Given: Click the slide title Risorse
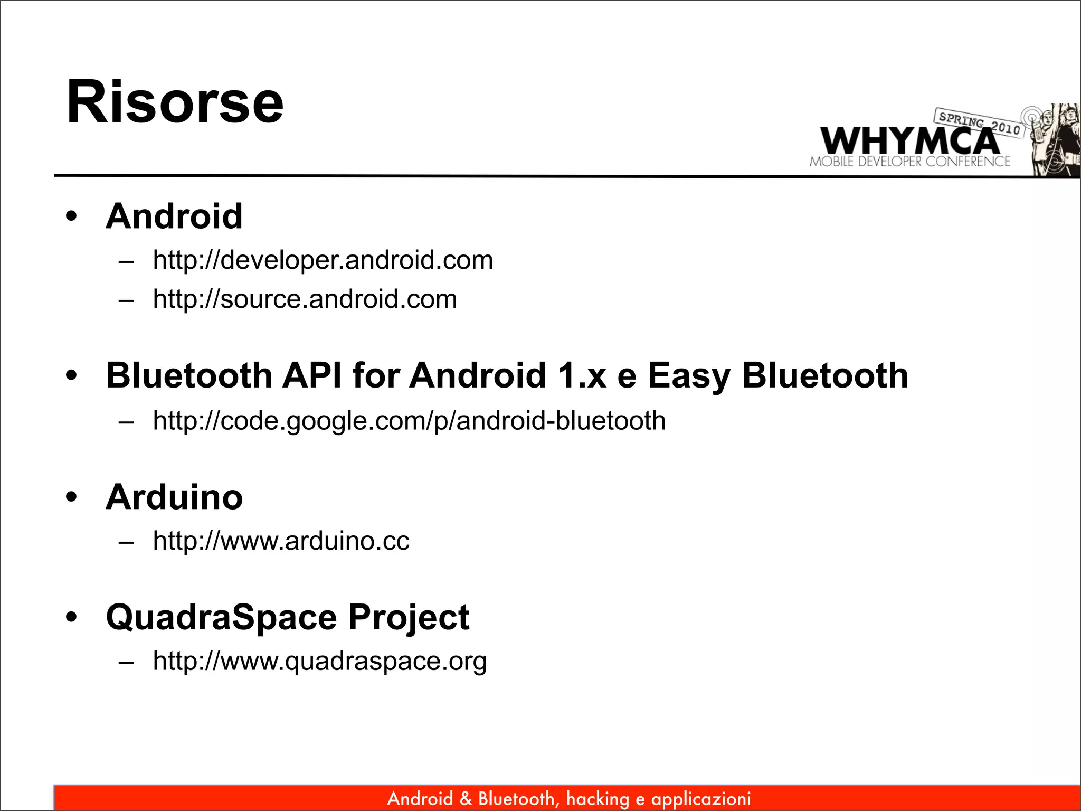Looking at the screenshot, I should click(175, 102).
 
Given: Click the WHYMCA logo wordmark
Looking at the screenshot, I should click(909, 141).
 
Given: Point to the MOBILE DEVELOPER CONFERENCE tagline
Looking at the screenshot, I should click(909, 162).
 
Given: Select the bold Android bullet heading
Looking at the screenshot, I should click(174, 216).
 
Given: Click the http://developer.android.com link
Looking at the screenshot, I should click(323, 260).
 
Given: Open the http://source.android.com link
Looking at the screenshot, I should click(305, 299).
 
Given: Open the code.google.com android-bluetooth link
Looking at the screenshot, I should click(409, 421).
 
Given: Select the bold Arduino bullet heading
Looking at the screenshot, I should click(174, 497).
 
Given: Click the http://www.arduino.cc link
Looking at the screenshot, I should click(281, 541).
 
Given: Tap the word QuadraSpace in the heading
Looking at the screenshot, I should click(221, 617).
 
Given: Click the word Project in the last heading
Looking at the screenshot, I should click(409, 617).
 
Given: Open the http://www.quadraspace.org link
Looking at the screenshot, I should click(319, 661).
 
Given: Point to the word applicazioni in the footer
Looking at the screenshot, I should click(700, 799).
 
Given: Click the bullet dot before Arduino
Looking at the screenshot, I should click(71, 497).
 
